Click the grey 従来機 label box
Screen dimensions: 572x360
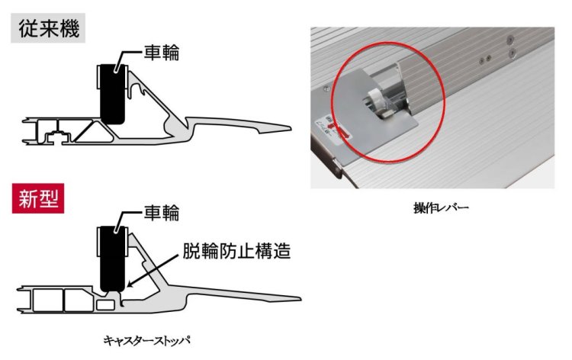click(x=48, y=28)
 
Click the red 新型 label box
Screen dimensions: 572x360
click(x=38, y=198)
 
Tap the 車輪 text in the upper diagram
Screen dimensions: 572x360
click(x=161, y=53)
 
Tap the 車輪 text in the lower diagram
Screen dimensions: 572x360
click(x=161, y=213)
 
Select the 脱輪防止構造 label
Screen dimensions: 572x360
click(x=236, y=251)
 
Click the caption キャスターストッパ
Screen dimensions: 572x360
click(x=146, y=341)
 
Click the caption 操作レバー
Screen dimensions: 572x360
click(x=441, y=208)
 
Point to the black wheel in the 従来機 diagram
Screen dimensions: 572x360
click(x=112, y=94)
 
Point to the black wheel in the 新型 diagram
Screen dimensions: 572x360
click(x=112, y=259)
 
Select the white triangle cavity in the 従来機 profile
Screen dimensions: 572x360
click(x=94, y=132)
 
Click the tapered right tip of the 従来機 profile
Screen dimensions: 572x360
click(x=291, y=128)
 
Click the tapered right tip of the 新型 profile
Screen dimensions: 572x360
click(x=300, y=299)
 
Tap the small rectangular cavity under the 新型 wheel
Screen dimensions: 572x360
click(x=105, y=304)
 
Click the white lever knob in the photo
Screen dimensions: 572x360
click(x=376, y=98)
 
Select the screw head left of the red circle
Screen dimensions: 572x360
click(x=326, y=87)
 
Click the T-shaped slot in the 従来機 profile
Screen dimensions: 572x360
click(x=56, y=137)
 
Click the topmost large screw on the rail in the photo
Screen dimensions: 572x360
click(x=511, y=38)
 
